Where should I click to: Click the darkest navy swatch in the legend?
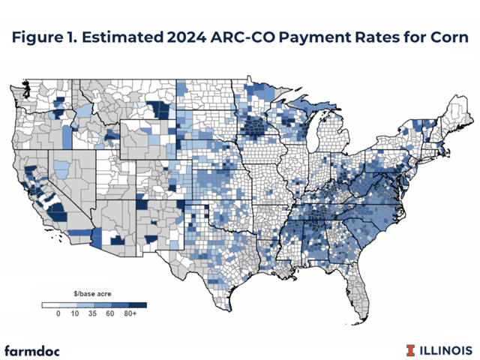(136, 305)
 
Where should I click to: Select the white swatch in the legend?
(50, 305)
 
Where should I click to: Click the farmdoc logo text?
(34, 350)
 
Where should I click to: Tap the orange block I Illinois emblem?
(410, 349)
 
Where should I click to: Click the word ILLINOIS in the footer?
(446, 349)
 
